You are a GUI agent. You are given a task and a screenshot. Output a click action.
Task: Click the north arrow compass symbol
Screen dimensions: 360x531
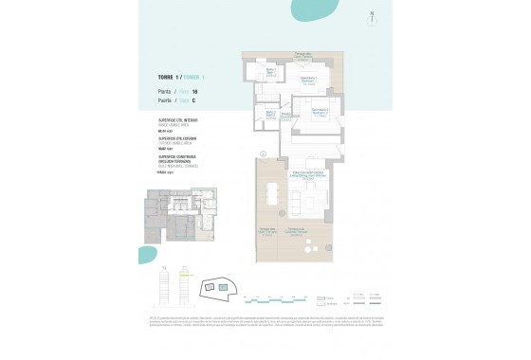point(372,16)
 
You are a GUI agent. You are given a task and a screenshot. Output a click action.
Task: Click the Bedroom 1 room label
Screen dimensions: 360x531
point(308,80)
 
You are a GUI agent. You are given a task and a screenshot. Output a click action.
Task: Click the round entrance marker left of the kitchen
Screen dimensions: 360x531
point(263,153)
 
